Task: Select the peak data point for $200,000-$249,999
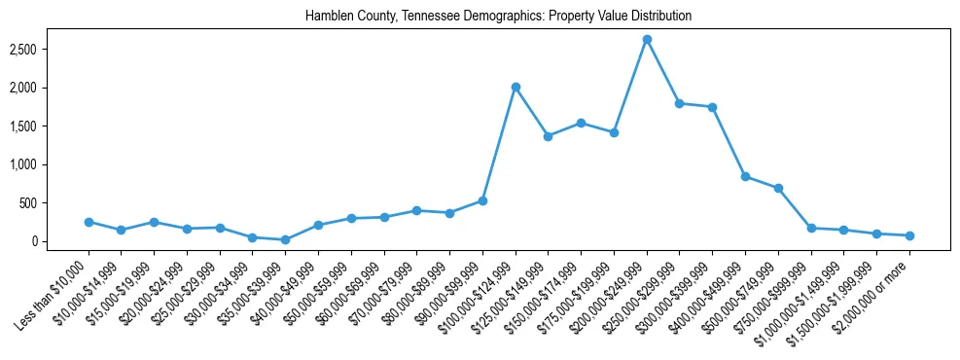pyautogui.click(x=647, y=39)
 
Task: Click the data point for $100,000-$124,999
pyautogui.click(x=516, y=87)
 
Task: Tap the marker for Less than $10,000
pyautogui.click(x=89, y=222)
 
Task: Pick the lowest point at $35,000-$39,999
pyautogui.click(x=285, y=239)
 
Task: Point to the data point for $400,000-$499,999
pyautogui.click(x=745, y=176)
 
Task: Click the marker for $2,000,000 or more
pyautogui.click(x=909, y=235)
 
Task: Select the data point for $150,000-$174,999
pyautogui.click(x=581, y=123)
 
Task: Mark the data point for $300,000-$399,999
pyautogui.click(x=712, y=107)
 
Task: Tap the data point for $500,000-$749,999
pyautogui.click(x=778, y=188)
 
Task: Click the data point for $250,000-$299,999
pyautogui.click(x=680, y=103)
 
